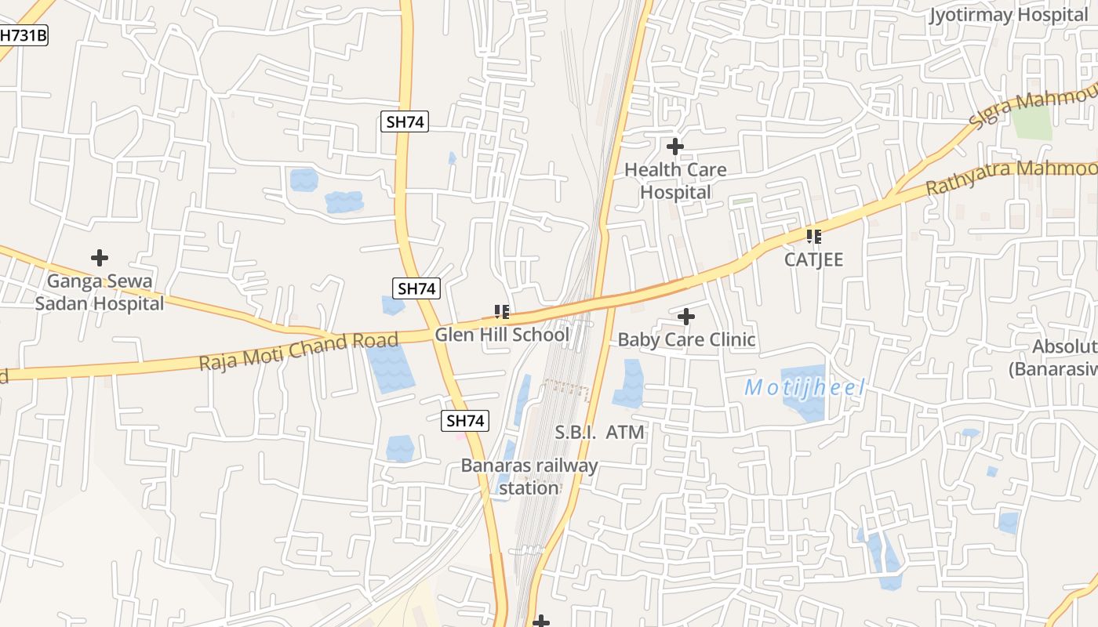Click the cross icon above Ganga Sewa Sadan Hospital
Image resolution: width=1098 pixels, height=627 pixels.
(x=100, y=257)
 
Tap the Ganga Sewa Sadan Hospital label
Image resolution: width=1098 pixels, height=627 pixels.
(x=100, y=292)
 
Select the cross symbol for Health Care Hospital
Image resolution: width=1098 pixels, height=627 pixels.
(x=674, y=147)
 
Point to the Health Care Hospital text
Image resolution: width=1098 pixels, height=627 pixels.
(x=675, y=181)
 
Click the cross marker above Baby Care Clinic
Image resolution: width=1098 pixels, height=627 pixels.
(x=686, y=317)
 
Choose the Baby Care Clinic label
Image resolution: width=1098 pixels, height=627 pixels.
(x=686, y=339)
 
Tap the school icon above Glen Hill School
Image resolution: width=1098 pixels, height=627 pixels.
(x=502, y=313)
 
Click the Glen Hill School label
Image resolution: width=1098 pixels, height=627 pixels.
(x=502, y=335)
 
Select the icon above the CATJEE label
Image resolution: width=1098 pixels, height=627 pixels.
(x=814, y=236)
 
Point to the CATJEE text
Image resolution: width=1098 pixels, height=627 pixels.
(x=814, y=259)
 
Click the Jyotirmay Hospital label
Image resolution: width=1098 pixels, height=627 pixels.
(x=1009, y=15)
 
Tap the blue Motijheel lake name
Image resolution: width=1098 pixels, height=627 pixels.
(x=805, y=387)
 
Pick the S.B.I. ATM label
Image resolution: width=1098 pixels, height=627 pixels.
(x=599, y=432)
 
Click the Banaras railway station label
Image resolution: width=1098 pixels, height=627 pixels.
(x=529, y=477)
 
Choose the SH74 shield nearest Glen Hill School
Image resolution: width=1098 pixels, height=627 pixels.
(x=416, y=288)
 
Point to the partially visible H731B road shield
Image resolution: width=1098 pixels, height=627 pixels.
(x=23, y=35)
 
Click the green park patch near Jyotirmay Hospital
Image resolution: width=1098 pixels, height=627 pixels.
(x=1031, y=121)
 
